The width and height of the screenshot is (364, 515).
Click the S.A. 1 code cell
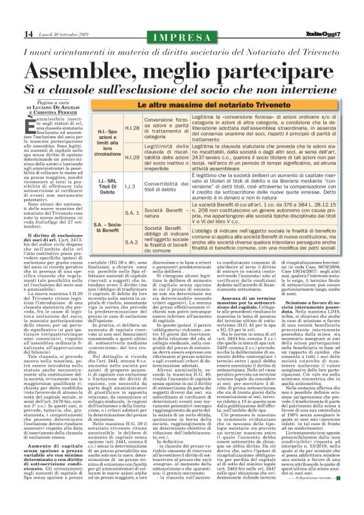(132, 213)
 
